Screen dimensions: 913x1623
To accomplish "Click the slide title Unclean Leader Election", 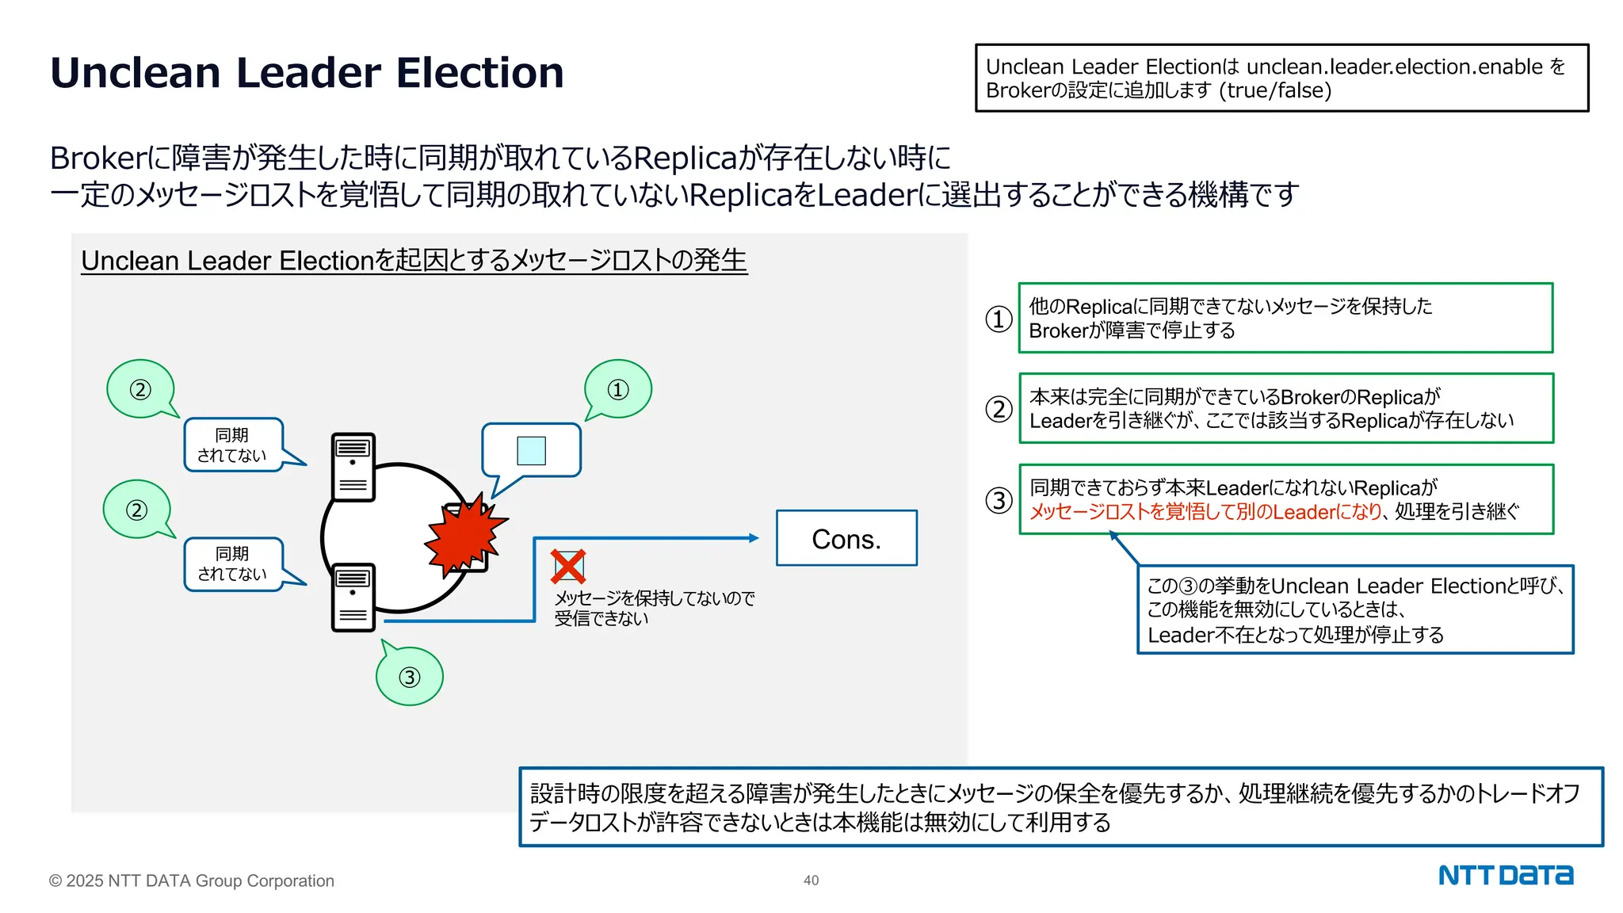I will coord(307,73).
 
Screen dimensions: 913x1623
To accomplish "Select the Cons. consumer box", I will coord(846,538).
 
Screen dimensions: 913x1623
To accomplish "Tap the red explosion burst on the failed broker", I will coord(464,535).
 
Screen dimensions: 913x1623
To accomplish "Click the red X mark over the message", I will coord(568,567).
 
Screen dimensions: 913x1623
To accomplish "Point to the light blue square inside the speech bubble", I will coord(531,451).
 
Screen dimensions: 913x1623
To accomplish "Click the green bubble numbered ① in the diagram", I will coord(618,389).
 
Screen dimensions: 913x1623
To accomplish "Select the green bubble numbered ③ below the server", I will coord(409,677).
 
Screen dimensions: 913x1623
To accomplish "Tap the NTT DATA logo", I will coord(1505,876).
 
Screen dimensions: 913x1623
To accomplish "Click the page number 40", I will coord(811,881).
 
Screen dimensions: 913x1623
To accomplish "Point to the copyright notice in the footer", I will coord(191,881).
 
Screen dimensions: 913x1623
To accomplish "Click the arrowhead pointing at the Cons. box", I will coord(754,538).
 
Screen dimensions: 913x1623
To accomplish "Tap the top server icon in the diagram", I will coord(353,467).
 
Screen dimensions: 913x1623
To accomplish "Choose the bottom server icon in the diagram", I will coord(353,597).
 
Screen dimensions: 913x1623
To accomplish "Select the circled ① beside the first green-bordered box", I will coord(999,319).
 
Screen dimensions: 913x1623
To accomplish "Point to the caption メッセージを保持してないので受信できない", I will coord(654,608).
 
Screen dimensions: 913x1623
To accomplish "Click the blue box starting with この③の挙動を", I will coord(1355,609).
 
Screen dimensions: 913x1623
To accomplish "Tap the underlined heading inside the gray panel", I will coord(414,260).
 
